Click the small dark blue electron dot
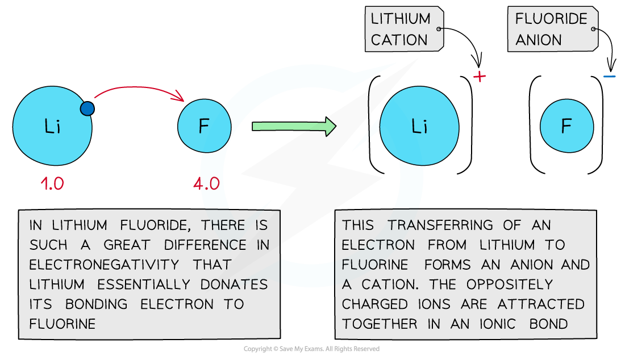(x=87, y=108)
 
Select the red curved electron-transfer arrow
(x=139, y=88)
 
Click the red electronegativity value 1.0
(x=52, y=183)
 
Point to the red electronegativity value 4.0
(x=206, y=183)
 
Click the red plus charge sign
(x=480, y=76)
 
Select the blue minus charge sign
(x=609, y=76)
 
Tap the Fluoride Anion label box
(x=551, y=29)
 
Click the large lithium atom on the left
(x=52, y=126)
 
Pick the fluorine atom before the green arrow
(x=205, y=126)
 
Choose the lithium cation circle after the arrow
(x=419, y=127)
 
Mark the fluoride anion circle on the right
(x=566, y=127)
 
